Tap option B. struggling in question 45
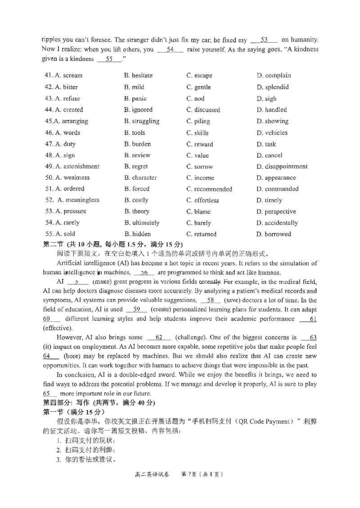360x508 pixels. coord(141,121)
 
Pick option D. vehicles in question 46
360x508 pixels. coord(272,133)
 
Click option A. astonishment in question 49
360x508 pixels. coord(72,167)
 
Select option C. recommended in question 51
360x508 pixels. coord(209,189)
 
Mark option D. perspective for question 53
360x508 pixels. coord(276,212)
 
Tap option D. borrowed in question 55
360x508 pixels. coord(274,234)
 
